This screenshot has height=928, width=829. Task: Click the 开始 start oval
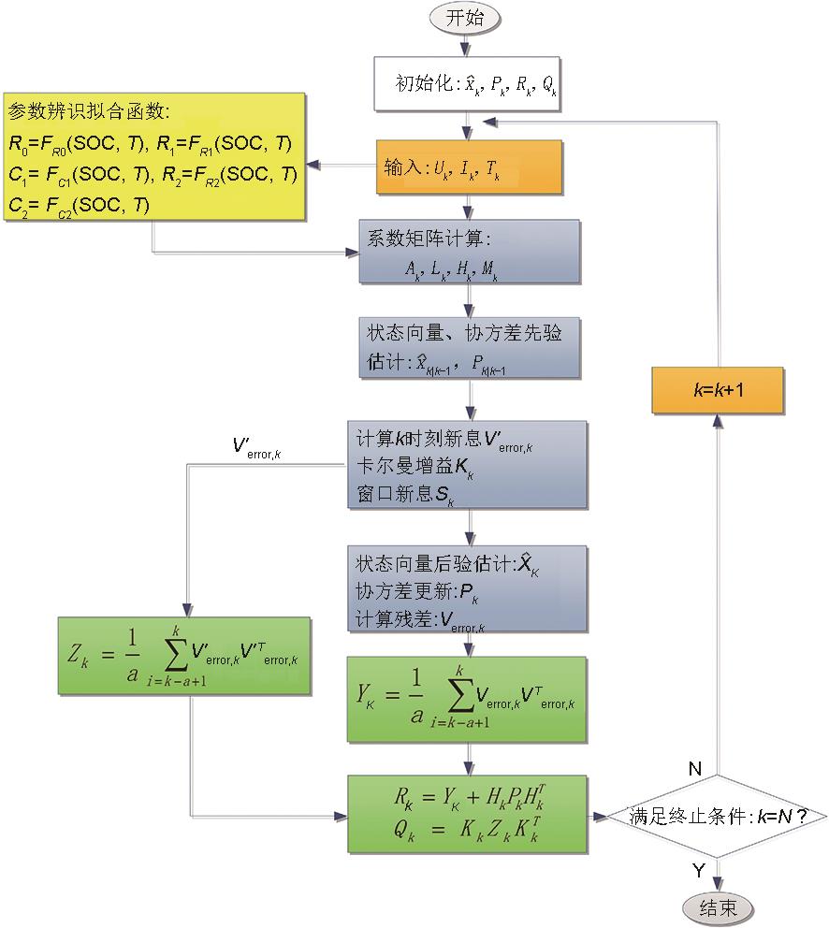coord(466,18)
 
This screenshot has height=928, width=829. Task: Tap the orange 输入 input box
coord(468,167)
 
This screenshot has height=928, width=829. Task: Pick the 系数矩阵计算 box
coord(468,251)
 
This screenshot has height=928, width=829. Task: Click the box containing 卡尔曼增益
coord(468,465)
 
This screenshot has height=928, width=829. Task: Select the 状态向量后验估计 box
coord(468,589)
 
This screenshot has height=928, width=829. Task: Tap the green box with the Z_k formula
coord(182,655)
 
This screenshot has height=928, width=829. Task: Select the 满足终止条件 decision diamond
coord(716,816)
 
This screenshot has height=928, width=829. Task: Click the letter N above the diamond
coord(694,768)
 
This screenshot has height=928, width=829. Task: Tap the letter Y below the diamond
coord(698,870)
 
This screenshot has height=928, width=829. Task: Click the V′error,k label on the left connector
coord(257,447)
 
